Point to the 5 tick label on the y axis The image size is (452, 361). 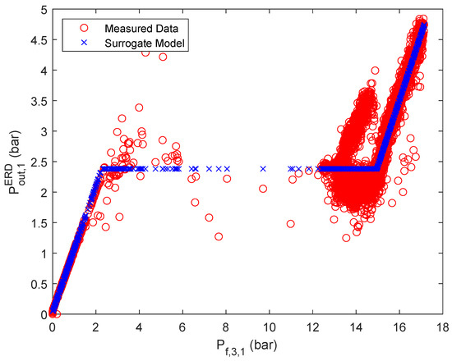[42, 9]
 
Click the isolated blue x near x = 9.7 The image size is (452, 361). [263, 168]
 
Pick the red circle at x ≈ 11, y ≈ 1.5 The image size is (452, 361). [291, 223]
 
